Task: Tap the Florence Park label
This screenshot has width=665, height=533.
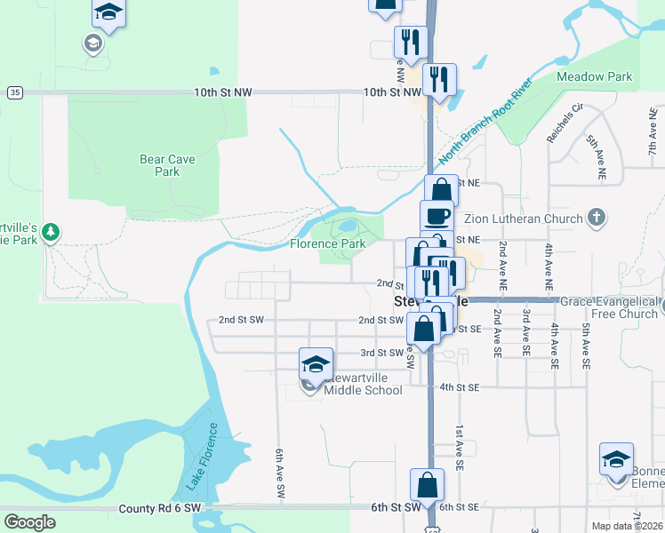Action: pos(328,243)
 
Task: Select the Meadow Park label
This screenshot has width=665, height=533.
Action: pos(594,77)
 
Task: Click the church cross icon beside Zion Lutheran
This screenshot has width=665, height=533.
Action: pos(597,217)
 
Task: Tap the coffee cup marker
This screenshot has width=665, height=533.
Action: pos(437,215)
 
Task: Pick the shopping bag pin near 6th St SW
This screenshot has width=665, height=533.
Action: pos(427,485)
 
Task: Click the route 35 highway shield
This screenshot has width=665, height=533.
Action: pos(14,92)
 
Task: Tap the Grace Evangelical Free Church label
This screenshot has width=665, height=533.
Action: pos(609,307)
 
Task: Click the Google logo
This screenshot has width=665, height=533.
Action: pos(29,522)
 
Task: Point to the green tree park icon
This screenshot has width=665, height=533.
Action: pos(52,232)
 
